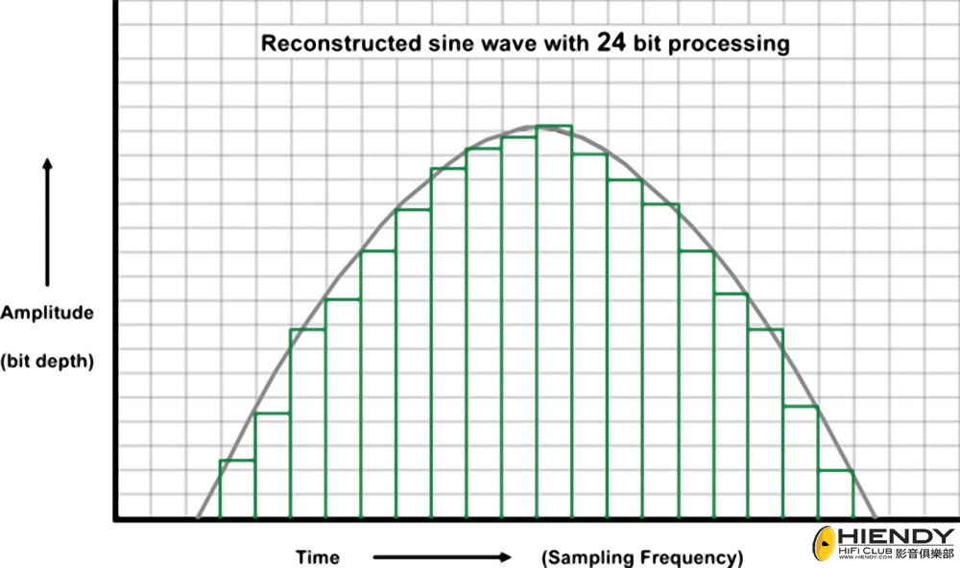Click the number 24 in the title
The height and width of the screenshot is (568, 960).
click(613, 42)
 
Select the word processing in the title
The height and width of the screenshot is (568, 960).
click(732, 44)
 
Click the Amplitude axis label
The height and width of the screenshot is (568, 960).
click(47, 313)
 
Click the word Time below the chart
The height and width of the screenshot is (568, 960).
click(317, 556)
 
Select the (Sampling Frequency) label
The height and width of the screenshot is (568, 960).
click(642, 556)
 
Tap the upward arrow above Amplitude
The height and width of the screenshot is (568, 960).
click(47, 222)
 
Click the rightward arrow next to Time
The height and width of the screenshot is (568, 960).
click(442, 556)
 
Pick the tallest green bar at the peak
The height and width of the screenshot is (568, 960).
click(554, 321)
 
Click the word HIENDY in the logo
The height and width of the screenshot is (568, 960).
click(897, 536)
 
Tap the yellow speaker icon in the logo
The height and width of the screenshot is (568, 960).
click(825, 544)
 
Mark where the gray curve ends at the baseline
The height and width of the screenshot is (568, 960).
click(875, 517)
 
